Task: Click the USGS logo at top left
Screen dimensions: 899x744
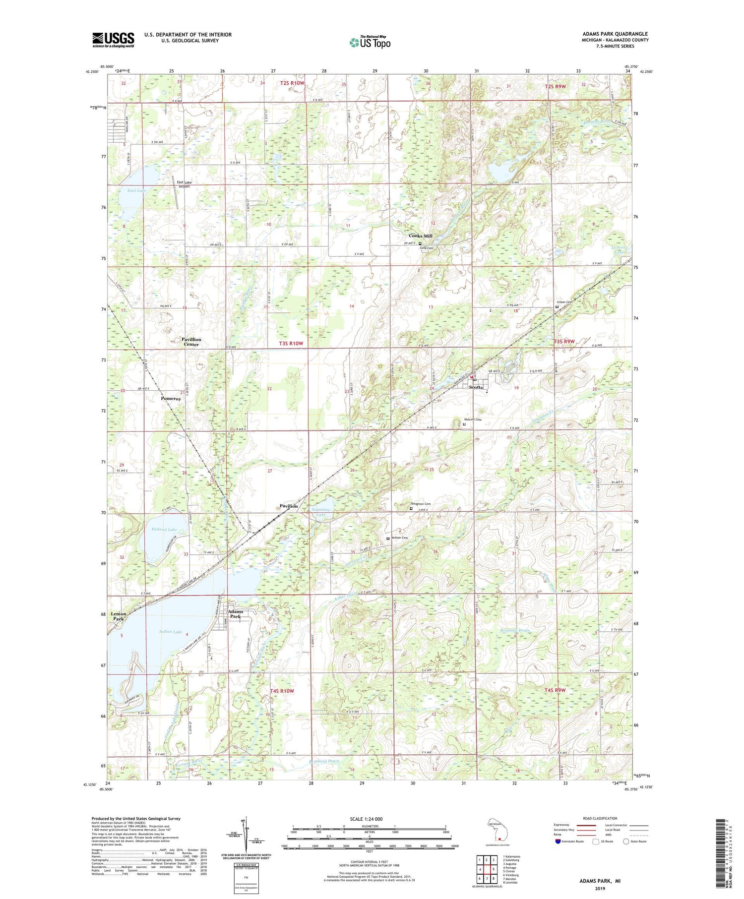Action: (113, 40)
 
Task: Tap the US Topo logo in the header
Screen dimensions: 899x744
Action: (370, 43)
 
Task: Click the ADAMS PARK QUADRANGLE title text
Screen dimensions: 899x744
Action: (615, 34)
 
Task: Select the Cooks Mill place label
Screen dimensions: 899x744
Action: (420, 236)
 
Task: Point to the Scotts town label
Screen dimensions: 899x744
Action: (476, 387)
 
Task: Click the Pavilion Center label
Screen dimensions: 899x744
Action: (191, 342)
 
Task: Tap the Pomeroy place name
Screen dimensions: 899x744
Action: (171, 398)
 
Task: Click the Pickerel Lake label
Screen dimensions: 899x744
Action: (164, 530)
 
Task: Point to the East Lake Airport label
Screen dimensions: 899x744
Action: (184, 184)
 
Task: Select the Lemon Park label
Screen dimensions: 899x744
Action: (118, 616)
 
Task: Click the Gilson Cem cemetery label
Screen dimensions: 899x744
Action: (565, 302)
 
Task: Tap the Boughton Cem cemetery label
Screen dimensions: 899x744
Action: (421, 504)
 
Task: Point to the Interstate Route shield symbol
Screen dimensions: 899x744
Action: (559, 841)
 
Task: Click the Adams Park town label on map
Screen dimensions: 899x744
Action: (236, 614)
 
